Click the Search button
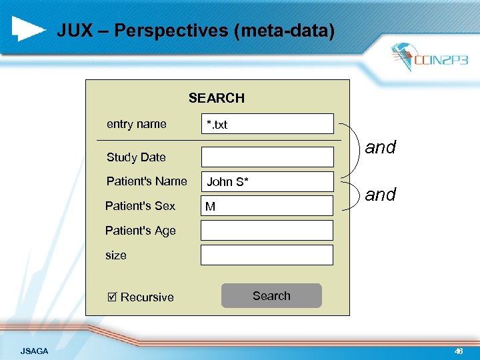point(271,296)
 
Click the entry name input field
point(267,124)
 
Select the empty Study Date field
point(267,157)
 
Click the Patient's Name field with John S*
point(267,181)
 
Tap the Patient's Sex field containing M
point(267,206)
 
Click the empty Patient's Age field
point(267,230)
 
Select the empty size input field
point(267,255)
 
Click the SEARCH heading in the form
point(216,98)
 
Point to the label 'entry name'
point(137,124)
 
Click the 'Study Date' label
point(136,157)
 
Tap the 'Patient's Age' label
point(141,231)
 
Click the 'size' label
point(116,255)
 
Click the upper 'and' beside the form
point(381,147)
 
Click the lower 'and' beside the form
point(381,195)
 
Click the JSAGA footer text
point(34,351)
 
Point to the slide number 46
point(458,351)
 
